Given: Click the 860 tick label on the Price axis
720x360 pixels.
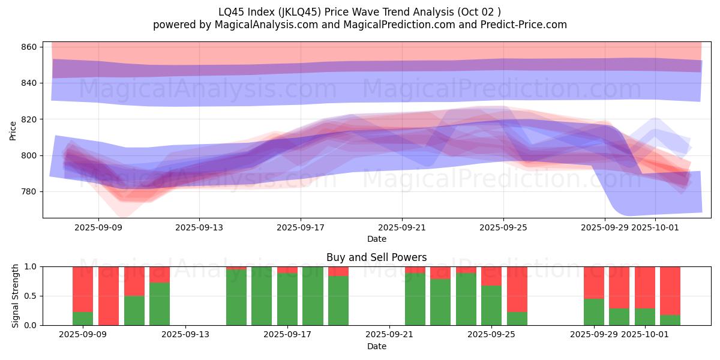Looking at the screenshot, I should click(30, 47).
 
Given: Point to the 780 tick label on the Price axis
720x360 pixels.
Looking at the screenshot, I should click(30, 192).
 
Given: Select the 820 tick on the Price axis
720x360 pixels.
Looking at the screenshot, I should click(30, 119).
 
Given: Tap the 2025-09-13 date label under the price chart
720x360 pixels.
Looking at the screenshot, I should click(199, 228).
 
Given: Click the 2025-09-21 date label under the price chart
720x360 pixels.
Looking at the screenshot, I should click(402, 228).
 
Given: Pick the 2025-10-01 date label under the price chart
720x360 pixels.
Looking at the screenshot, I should click(656, 228).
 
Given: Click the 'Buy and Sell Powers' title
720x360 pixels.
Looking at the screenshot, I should click(376, 257).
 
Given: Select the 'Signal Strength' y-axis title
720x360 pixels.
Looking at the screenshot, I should click(15, 296).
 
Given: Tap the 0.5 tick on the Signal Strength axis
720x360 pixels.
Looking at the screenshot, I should click(30, 296).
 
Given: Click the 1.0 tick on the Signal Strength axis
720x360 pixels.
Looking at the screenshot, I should click(30, 266).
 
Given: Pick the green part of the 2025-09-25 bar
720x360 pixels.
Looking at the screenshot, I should click(491, 306).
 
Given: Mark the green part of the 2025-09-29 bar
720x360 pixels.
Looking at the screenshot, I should click(594, 312).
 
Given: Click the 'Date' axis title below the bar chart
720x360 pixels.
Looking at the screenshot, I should click(376, 346).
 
